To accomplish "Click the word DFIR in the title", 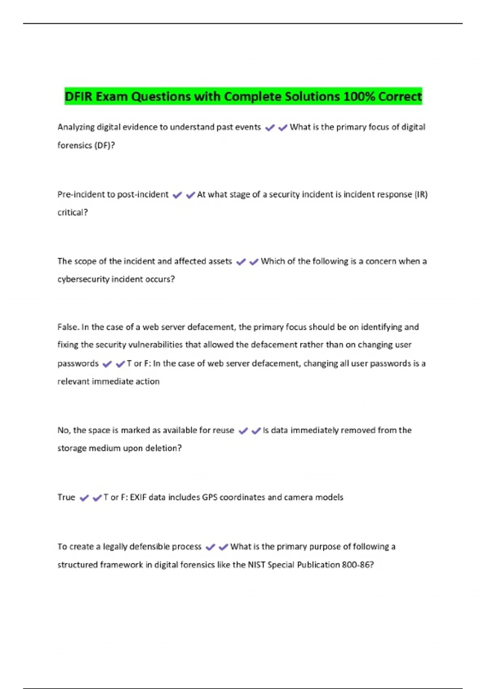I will [x=79, y=96].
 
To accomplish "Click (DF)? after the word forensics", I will [x=104, y=146].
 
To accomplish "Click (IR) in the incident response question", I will [x=421, y=195].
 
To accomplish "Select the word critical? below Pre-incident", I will [x=72, y=212].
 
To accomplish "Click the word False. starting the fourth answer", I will [x=68, y=327].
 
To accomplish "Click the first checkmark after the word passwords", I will [x=107, y=364].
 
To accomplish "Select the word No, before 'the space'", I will [x=64, y=430].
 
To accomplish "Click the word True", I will [x=66, y=497].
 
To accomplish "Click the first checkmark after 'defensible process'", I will [x=210, y=547].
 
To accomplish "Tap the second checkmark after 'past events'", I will [x=283, y=128].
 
